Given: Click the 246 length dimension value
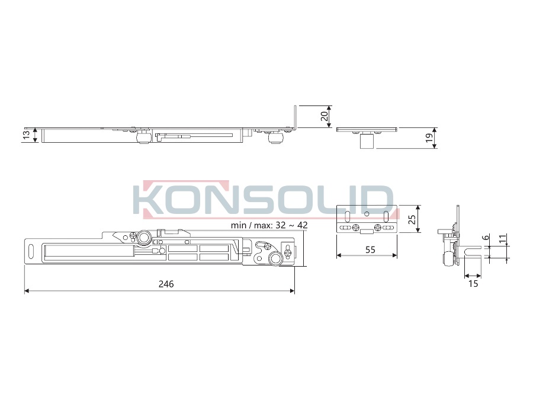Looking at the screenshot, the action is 166,284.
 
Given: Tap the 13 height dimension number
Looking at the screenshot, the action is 27,135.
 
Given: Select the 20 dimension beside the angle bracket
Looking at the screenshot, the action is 325,116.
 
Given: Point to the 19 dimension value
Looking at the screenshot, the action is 429,137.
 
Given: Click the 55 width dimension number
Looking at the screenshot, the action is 370,250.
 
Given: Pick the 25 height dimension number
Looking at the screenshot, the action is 412,219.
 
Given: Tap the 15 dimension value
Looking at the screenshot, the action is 473,283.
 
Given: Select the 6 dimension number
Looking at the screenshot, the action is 486,237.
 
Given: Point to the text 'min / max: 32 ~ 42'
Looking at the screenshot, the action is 269,225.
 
